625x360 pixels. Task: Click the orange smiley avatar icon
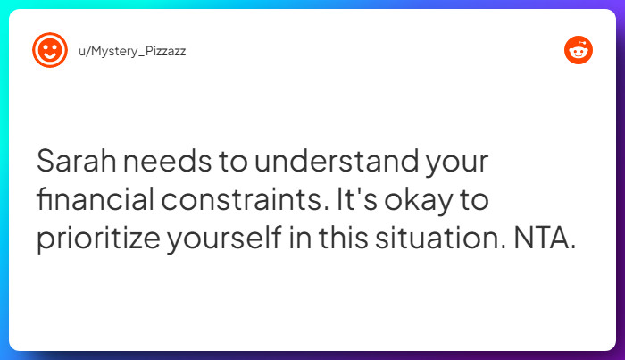[x=50, y=50]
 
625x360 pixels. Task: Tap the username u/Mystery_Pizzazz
[x=132, y=51]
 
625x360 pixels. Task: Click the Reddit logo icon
[x=579, y=50]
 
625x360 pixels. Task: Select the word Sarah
[x=75, y=163]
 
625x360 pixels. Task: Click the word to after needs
[x=226, y=163]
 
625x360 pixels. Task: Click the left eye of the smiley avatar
[x=46, y=46]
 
